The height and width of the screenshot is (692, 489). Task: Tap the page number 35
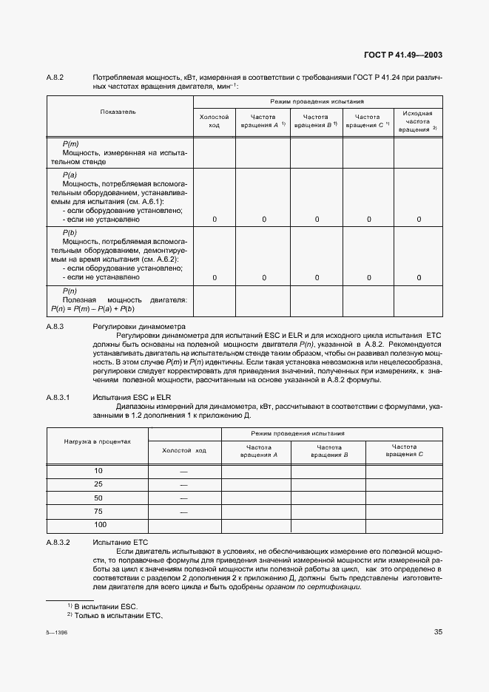point(438,631)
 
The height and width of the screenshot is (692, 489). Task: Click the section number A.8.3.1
point(58,398)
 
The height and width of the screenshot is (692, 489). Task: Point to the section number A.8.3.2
point(58,542)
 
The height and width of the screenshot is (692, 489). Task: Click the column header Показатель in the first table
point(118,112)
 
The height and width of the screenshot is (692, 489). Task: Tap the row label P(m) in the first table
point(71,143)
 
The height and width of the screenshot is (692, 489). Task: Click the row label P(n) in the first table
point(71,291)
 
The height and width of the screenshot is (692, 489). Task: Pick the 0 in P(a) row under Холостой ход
point(215,220)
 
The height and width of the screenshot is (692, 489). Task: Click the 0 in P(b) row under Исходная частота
point(419,277)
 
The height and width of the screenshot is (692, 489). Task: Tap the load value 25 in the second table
point(98,484)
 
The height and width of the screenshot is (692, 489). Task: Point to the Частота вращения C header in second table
point(404,451)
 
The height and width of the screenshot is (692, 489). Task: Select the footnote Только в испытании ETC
point(114,616)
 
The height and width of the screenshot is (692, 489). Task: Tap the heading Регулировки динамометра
point(139,326)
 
